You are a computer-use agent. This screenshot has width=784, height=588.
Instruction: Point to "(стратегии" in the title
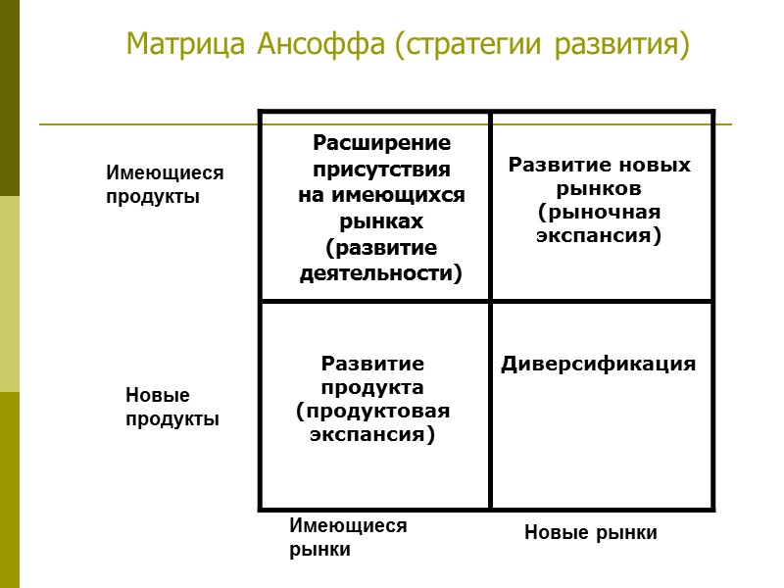click(469, 45)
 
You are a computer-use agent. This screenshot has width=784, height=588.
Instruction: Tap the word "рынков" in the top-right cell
click(599, 187)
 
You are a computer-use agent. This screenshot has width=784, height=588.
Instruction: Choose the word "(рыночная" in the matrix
click(599, 212)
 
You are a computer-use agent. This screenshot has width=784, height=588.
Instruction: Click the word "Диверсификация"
click(599, 365)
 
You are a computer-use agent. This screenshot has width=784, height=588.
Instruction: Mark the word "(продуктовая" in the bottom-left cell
click(373, 410)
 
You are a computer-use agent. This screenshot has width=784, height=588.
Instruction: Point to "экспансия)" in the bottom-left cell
click(373, 433)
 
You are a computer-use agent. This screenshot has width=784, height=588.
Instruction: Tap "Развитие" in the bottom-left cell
click(373, 363)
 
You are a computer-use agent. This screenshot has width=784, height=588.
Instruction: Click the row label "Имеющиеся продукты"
click(165, 184)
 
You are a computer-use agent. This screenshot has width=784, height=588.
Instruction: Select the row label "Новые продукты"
click(171, 407)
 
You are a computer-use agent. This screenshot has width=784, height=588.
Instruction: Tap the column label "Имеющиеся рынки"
click(347, 537)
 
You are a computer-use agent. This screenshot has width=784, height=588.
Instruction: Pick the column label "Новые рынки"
click(590, 533)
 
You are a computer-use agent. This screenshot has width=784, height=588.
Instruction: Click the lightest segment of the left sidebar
click(9, 294)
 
